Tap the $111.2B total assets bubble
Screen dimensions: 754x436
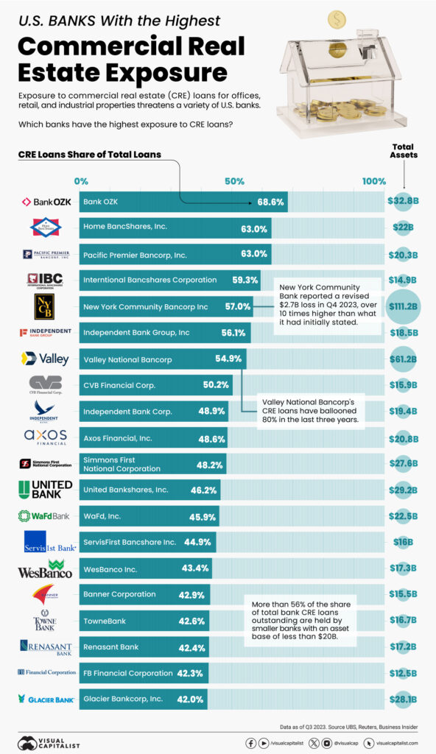coord(403,306)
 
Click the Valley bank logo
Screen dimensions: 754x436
coord(46,359)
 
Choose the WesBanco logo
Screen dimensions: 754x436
coord(46,568)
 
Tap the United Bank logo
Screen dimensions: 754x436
coord(46,489)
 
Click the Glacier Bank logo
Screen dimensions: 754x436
coord(46,699)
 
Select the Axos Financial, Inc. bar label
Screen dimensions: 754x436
coord(118,437)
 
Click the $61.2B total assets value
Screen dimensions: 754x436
coord(403,359)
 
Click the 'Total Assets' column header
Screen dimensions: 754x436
coord(404,150)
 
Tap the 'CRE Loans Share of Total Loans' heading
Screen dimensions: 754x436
coord(89,155)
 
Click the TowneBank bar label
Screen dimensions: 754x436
coord(105,621)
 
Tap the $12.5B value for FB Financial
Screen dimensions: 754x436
coord(403,673)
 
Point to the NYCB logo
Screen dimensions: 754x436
coord(46,306)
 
